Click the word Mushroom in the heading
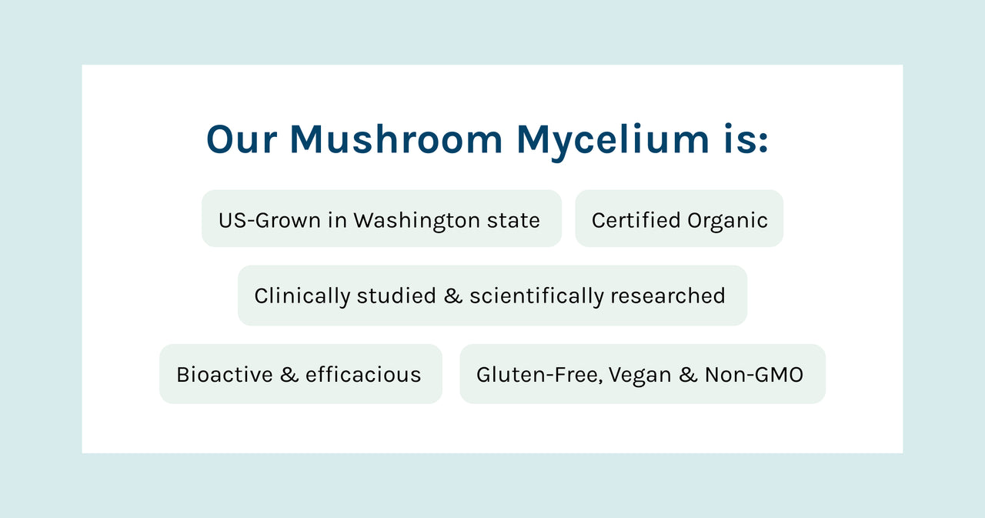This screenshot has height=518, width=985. [396, 139]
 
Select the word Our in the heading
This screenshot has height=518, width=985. [242, 139]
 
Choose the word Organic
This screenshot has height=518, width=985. [728, 221]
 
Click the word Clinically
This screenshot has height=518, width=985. [302, 296]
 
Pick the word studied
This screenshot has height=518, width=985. [396, 296]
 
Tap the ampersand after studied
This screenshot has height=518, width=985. [453, 296]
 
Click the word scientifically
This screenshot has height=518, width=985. [537, 296]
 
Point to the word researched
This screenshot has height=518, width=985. [668, 296]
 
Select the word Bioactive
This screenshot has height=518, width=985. [225, 375]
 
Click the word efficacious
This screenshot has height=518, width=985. [363, 375]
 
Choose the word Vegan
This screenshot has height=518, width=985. [639, 376]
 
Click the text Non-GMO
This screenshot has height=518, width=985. [753, 375]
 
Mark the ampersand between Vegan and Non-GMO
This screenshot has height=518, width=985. [688, 375]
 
